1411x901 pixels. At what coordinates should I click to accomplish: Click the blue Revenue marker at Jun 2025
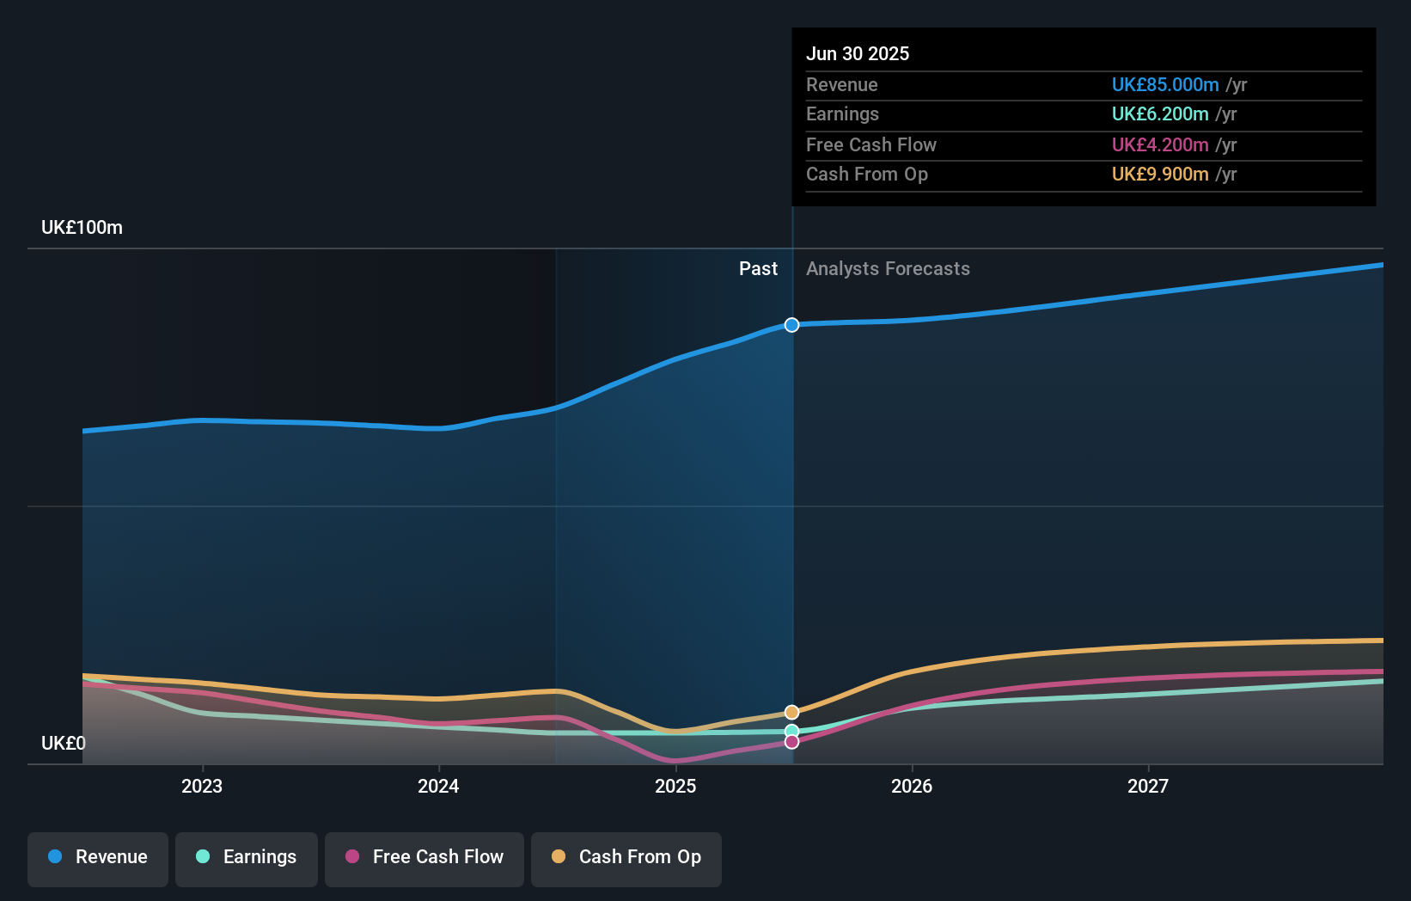point(791,325)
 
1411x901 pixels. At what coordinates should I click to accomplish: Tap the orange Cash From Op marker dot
point(791,713)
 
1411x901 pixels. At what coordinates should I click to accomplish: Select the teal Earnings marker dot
point(791,732)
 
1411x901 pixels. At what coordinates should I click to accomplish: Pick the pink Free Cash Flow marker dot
point(791,742)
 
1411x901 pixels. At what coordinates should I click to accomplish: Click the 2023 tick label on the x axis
point(202,786)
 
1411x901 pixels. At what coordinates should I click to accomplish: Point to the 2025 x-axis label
point(675,786)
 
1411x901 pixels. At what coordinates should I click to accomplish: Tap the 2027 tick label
point(1148,786)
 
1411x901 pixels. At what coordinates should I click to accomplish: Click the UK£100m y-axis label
point(82,228)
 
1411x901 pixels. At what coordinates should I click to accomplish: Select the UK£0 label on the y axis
point(63,743)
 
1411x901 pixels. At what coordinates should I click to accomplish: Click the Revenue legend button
point(98,857)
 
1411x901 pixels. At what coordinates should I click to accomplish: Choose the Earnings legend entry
point(247,857)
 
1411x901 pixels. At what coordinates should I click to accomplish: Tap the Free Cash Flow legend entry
point(425,857)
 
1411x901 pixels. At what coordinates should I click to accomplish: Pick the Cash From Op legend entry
point(626,857)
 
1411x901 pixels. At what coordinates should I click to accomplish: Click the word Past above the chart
point(758,269)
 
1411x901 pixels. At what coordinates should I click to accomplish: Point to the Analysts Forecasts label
point(888,269)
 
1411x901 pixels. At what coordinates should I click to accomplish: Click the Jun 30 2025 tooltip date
point(858,53)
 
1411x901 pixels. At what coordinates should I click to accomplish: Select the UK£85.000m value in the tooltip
point(1165,85)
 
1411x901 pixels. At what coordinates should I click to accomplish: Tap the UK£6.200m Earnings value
point(1160,114)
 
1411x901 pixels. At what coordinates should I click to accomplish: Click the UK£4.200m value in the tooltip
point(1160,145)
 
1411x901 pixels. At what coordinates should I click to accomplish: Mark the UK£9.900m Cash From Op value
point(1160,175)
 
